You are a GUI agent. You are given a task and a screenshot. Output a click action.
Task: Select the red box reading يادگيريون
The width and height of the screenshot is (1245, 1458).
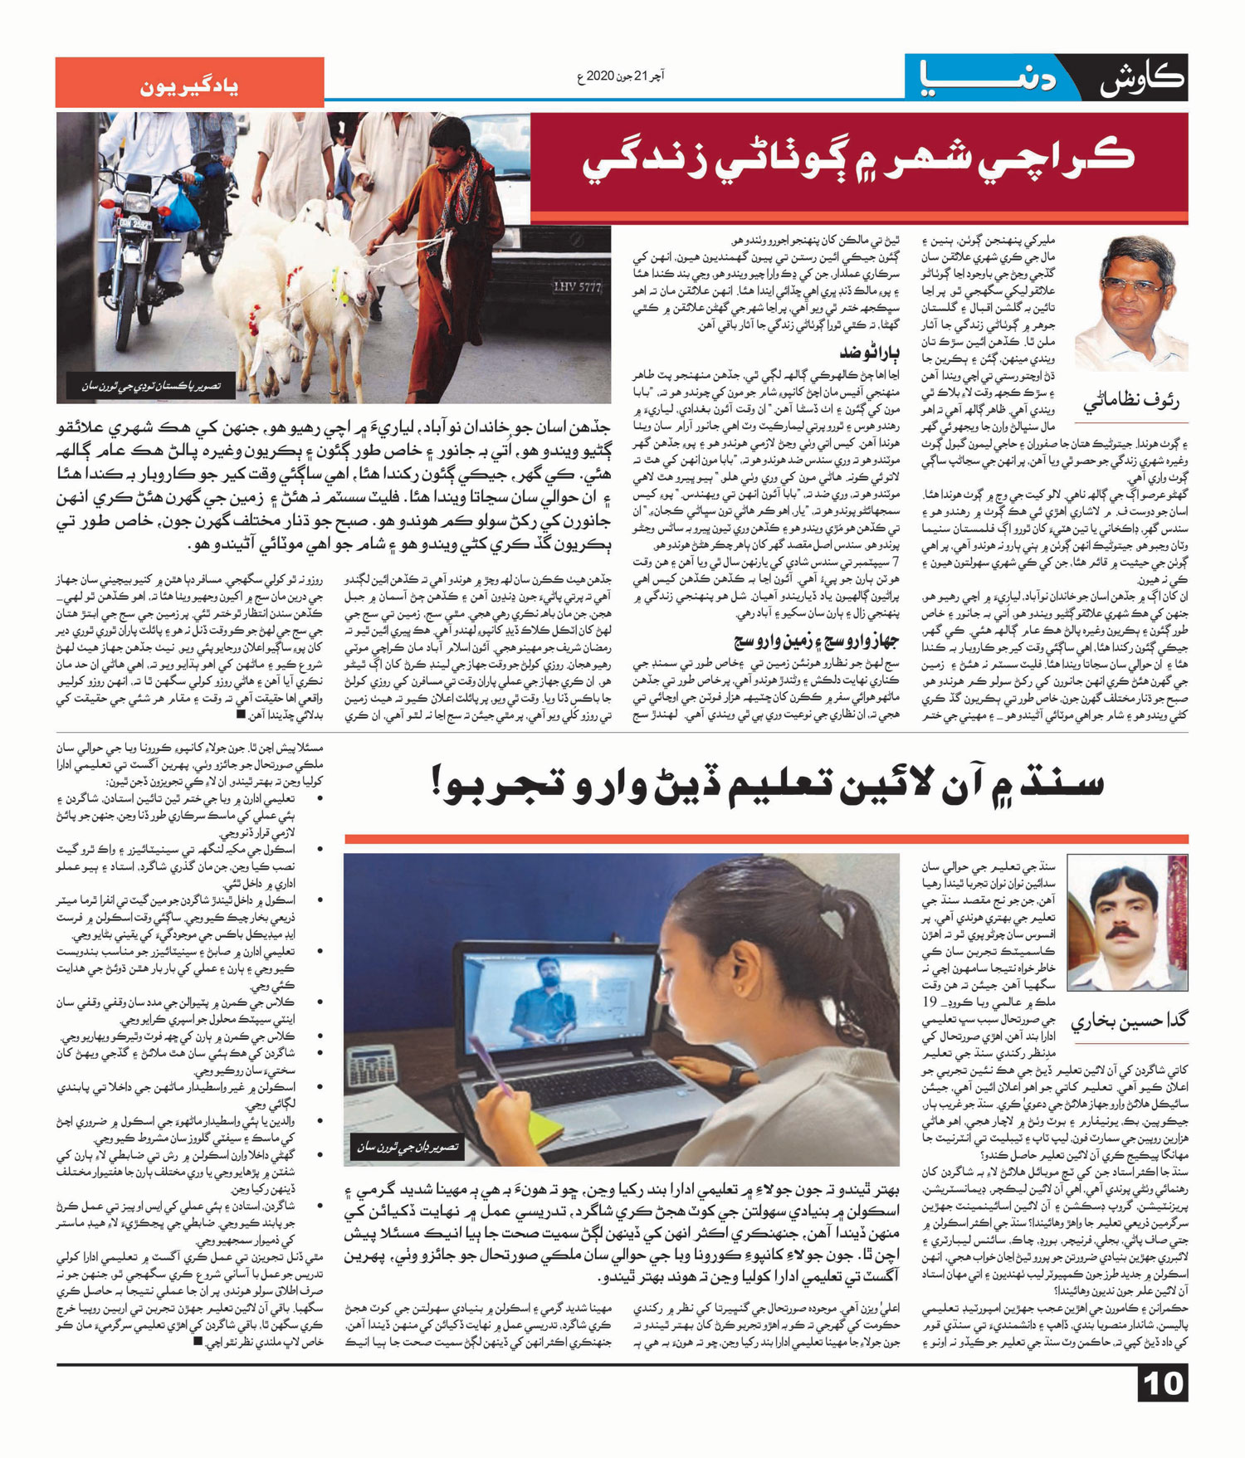[189, 83]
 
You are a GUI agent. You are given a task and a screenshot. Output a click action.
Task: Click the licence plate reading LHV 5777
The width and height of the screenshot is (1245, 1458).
[577, 288]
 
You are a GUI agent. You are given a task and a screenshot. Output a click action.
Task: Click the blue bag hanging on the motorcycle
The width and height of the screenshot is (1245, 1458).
[179, 208]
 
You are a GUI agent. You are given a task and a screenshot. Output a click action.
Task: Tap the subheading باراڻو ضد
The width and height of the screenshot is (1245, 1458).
[868, 352]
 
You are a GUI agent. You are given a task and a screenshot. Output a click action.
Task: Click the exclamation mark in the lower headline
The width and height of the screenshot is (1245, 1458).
[438, 788]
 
